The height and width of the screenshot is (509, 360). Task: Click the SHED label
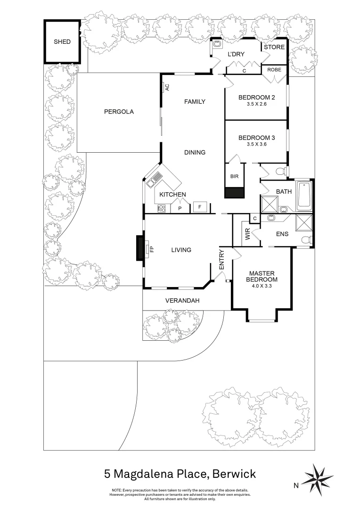pyautogui.click(x=62, y=42)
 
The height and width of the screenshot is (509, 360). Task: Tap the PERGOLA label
pyautogui.click(x=119, y=112)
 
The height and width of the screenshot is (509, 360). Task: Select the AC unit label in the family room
pyautogui.click(x=167, y=88)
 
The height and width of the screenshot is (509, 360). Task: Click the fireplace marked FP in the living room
pyautogui.click(x=147, y=248)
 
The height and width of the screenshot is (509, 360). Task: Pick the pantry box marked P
pyautogui.click(x=180, y=208)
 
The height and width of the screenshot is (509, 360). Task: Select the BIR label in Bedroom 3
pyautogui.click(x=234, y=176)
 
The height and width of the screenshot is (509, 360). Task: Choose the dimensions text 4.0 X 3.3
pyautogui.click(x=262, y=286)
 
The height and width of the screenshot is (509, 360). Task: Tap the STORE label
pyautogui.click(x=274, y=47)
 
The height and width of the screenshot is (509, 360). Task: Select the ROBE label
pyautogui.click(x=274, y=69)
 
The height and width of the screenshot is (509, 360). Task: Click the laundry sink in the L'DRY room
pyautogui.click(x=217, y=44)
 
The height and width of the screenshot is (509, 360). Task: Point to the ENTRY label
pyautogui.click(x=222, y=260)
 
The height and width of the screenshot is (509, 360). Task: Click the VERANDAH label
pyautogui.click(x=182, y=301)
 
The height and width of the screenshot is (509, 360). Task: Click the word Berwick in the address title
pyautogui.click(x=234, y=473)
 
